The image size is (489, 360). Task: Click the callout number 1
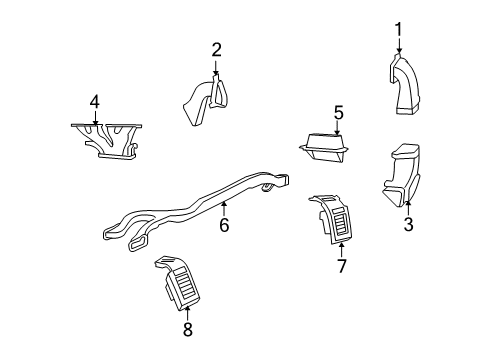coord(398,28)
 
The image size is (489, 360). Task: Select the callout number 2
coord(216,49)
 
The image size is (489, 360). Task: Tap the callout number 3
coord(408,225)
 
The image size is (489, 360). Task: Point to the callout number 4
coord(94,101)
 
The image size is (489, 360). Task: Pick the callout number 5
coord(338,112)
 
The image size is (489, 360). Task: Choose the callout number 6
coord(224,225)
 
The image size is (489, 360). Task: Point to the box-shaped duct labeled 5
coord(326,151)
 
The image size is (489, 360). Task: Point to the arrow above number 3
coord(408,207)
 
